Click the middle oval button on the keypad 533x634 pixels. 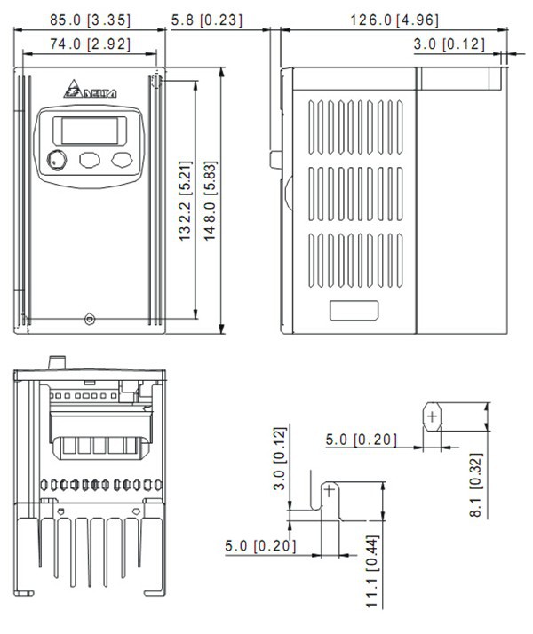90,160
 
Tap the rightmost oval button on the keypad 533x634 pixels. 121,160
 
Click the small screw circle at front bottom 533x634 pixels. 87,319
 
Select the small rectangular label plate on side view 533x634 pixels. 354,311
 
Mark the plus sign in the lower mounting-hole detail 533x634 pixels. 330,489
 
